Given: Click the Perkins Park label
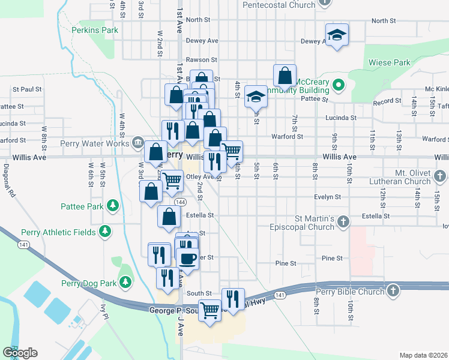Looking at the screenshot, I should point(94,30).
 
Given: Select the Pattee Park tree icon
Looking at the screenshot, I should point(112,206).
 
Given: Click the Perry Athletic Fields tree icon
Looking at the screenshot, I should point(105,232).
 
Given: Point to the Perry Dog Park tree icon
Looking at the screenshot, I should point(125,281).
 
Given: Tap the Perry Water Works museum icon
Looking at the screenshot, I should point(137,143).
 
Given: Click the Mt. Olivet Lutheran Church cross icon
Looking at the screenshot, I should point(440,176).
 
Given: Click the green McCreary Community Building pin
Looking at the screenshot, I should point(337,85).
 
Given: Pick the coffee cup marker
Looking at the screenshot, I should point(188,259).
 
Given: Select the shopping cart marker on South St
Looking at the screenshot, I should point(209,311).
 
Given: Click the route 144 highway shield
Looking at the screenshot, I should point(179,202).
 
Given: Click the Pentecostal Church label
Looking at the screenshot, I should point(279,5).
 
